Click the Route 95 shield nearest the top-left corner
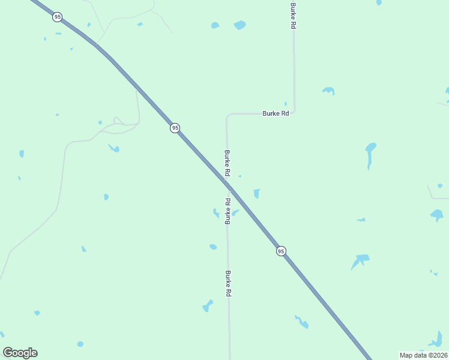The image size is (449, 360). tap(57, 17)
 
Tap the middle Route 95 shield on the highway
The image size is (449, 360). tap(175, 128)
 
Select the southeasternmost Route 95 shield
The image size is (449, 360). tap(281, 251)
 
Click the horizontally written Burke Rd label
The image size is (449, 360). tap(276, 113)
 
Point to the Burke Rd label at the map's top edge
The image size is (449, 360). tap(294, 15)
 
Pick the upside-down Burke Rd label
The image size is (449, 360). tap(228, 211)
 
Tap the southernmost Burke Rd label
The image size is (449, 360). tap(228, 284)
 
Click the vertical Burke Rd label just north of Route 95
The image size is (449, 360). tap(228, 163)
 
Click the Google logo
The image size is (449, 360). tap(20, 353)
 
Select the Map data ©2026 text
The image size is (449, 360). tap(423, 355)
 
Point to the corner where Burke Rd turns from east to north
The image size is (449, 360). tap(294, 112)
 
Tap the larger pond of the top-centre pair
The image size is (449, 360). tap(240, 25)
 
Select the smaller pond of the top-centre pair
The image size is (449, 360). tap(215, 25)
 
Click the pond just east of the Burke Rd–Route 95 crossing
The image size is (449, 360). tap(257, 193)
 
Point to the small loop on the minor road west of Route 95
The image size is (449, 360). tap(118, 121)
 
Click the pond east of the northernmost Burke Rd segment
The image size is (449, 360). tap(328, 91)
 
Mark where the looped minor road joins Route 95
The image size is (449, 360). tap(137, 90)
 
